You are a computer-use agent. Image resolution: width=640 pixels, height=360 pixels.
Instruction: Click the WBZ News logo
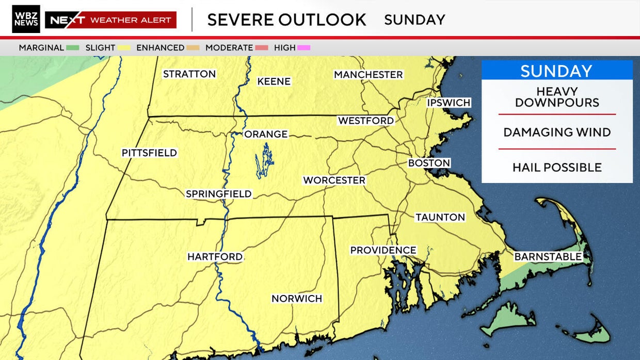tap(26, 19)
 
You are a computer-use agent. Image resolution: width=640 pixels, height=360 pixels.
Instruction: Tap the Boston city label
tap(429, 163)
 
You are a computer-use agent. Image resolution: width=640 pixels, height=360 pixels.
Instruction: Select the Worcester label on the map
tap(334, 181)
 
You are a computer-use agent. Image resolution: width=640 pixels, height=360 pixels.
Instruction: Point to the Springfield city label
tap(218, 194)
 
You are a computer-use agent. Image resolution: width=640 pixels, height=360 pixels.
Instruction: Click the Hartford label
tap(215, 257)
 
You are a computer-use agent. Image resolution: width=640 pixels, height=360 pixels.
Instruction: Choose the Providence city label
tap(383, 250)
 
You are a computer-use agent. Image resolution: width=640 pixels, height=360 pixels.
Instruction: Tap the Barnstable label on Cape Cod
tap(548, 257)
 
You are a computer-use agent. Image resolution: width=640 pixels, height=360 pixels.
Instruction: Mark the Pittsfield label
tap(149, 153)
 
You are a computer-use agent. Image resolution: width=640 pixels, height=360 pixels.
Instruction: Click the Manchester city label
tap(368, 75)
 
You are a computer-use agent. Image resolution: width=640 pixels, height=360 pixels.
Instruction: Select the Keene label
tap(274, 81)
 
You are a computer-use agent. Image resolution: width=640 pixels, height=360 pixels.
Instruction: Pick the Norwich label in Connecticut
tap(297, 299)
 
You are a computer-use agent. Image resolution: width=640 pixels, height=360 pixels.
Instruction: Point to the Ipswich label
tap(449, 103)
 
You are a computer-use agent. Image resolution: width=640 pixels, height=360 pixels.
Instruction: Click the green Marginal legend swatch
tap(72, 48)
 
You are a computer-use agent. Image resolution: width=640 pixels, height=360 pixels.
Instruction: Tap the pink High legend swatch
tap(303, 48)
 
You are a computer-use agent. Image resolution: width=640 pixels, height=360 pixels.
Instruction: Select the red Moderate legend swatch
tap(261, 48)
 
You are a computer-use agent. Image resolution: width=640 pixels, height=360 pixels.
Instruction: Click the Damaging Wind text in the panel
tap(557, 132)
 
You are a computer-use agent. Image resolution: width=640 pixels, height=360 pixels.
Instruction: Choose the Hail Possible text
tap(557, 167)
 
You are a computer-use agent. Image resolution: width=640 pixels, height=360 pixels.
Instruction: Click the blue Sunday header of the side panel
tap(557, 71)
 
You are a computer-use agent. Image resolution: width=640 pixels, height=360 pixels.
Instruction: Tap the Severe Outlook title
tap(286, 20)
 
